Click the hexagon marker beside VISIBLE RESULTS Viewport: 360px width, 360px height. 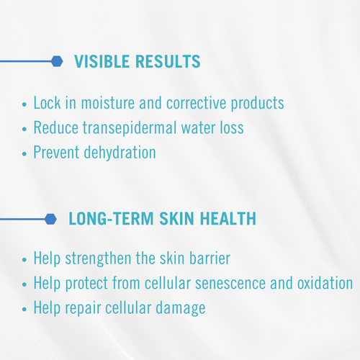pyautogui.click(x=57, y=61)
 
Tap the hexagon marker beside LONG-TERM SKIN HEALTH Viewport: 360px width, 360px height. pyautogui.click(x=50, y=219)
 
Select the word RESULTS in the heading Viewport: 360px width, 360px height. pyautogui.click(x=168, y=61)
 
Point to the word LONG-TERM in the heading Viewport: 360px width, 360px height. pyautogui.click(x=111, y=219)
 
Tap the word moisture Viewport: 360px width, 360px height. pyautogui.click(x=108, y=103)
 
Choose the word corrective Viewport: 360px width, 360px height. pyautogui.click(x=197, y=103)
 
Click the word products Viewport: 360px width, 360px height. pyautogui.click(x=258, y=104)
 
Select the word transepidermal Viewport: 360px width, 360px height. pyautogui.click(x=130, y=128)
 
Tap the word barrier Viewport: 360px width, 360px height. pyautogui.click(x=210, y=258)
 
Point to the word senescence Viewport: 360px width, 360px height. pyautogui.click(x=230, y=283)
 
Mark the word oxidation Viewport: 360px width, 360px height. pyautogui.click(x=325, y=283)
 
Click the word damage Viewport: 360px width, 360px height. pyautogui.click(x=181, y=308)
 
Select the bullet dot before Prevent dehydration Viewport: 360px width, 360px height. pyautogui.click(x=24, y=153)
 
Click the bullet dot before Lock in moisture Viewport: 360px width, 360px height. pyautogui.click(x=24, y=104)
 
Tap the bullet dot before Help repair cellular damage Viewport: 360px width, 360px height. pyautogui.click(x=24, y=309)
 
